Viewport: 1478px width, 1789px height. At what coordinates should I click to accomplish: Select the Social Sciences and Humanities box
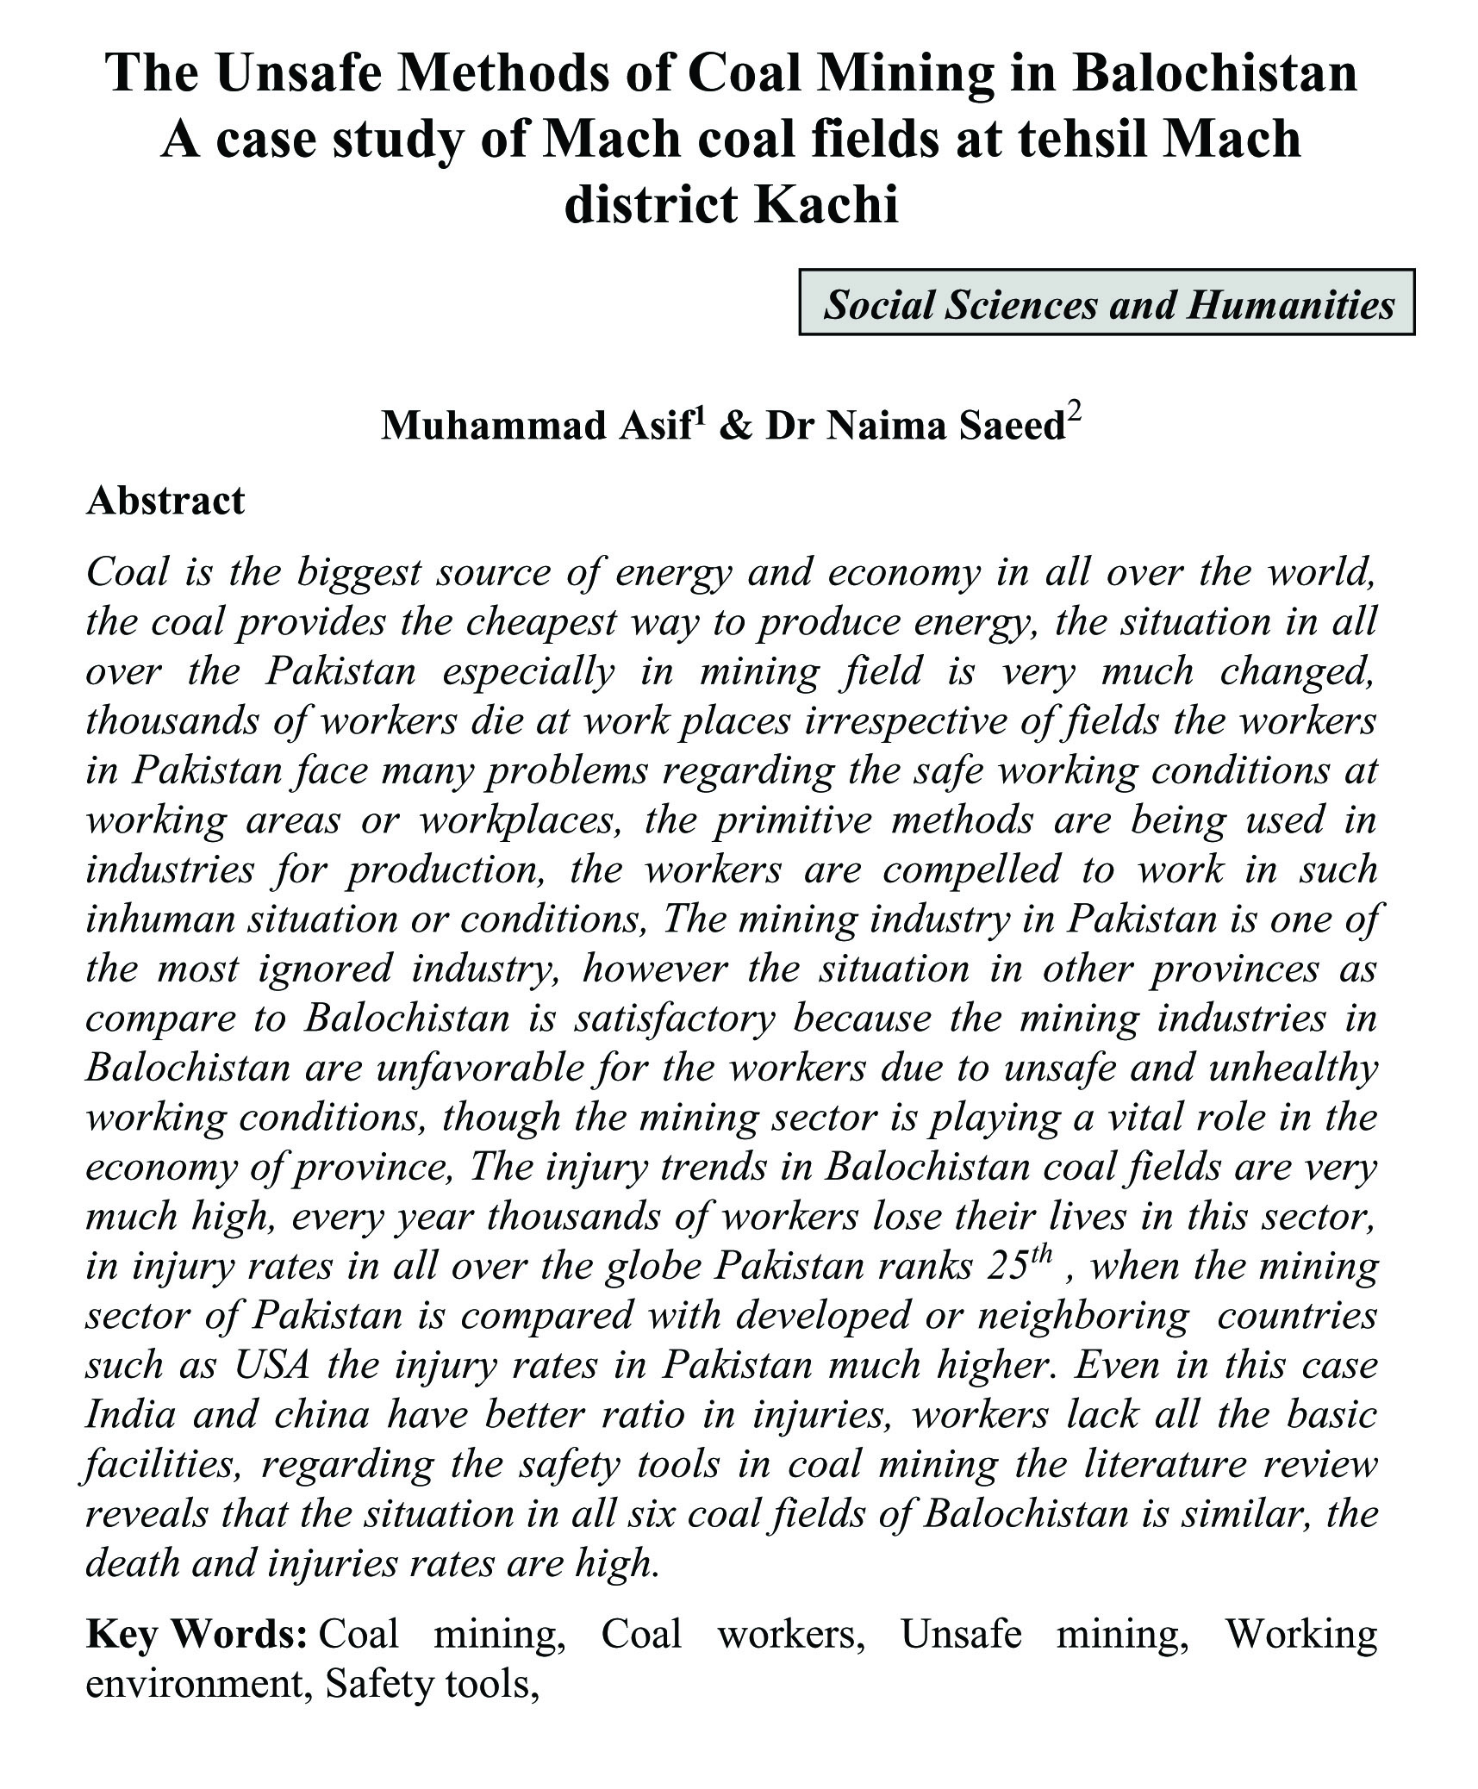pyautogui.click(x=1107, y=303)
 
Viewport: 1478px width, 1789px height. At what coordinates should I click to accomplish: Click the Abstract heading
pyautogui.click(x=165, y=501)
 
